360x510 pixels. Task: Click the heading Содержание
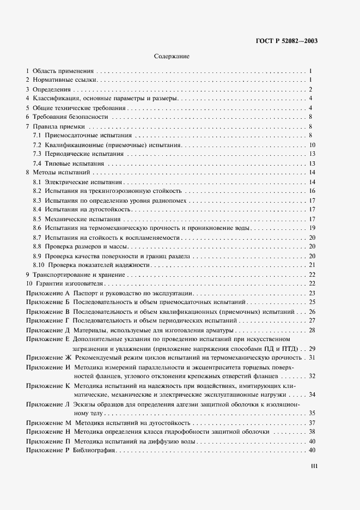click(172, 56)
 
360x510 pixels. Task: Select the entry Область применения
click(64, 71)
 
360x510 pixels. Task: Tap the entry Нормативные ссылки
click(64, 80)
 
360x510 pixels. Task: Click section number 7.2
click(37, 145)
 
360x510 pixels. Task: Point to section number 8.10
click(39, 265)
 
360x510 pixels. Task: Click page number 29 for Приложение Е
click(313, 348)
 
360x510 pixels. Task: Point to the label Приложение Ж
click(47, 357)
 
